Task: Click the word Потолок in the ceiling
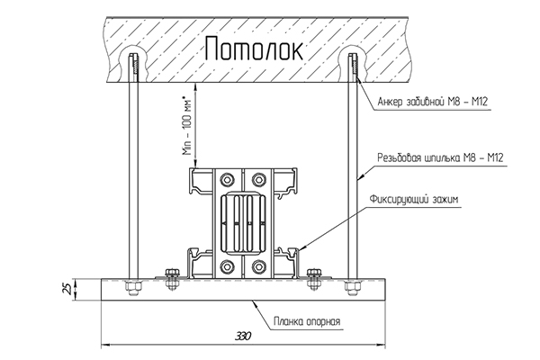pos(254,49)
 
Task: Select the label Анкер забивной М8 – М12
pos(433,102)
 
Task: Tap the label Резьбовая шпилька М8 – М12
pos(440,157)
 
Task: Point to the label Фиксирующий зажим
pos(414,199)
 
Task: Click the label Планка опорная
pos(307,321)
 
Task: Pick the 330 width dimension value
pos(243,336)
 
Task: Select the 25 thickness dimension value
pos(69,289)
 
